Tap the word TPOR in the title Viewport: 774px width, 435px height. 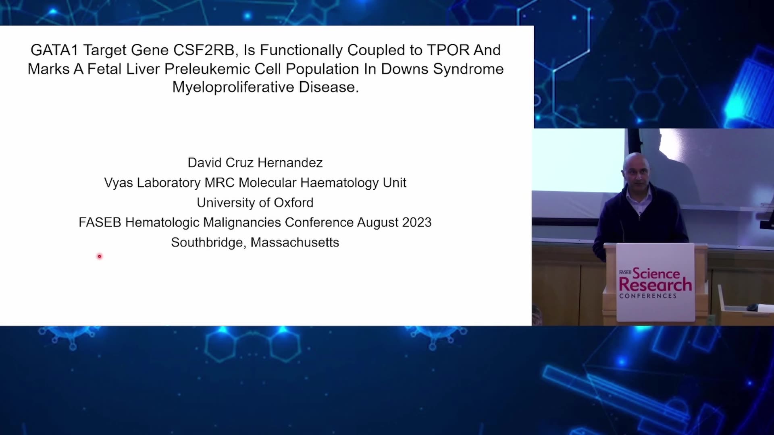(448, 50)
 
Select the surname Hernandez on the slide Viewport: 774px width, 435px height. (290, 163)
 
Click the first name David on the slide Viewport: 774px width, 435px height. (205, 163)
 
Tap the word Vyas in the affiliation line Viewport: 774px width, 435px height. (119, 183)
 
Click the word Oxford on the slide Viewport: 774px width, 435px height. (293, 203)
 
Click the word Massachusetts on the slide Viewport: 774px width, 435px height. (295, 242)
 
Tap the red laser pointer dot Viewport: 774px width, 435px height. (100, 256)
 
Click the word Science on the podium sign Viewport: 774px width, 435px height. (656, 273)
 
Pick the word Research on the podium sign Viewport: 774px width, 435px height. (655, 285)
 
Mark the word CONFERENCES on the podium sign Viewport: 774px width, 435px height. (648, 296)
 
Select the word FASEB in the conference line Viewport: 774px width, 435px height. (100, 222)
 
